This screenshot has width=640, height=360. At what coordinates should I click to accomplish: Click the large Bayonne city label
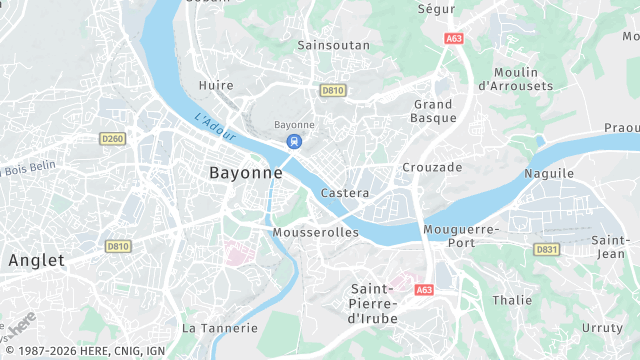pos(245,173)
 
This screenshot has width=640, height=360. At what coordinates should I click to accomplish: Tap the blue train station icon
pos(294,141)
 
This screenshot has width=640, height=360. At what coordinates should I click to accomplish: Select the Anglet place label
pos(36,260)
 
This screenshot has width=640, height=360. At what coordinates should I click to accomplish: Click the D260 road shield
pos(113,138)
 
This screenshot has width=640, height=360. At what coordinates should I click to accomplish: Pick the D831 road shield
pos(546,249)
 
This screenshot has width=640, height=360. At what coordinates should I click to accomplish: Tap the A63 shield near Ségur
pos(455,38)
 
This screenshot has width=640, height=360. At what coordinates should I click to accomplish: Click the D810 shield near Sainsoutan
pos(332,90)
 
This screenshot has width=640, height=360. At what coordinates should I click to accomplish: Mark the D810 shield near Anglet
pos(118,246)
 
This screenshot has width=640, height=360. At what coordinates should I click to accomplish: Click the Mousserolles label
pos(315,232)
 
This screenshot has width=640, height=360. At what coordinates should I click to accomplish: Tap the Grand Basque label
pos(433,111)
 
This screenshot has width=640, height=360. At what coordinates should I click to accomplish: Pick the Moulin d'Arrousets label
pos(516,79)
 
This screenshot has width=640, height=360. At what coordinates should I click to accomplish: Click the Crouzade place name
pos(432,167)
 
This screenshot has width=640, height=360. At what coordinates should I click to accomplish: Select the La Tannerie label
pos(220,328)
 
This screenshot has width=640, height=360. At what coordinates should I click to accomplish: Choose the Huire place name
pos(216,86)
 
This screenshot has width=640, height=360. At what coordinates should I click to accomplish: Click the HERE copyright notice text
pos(84,351)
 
